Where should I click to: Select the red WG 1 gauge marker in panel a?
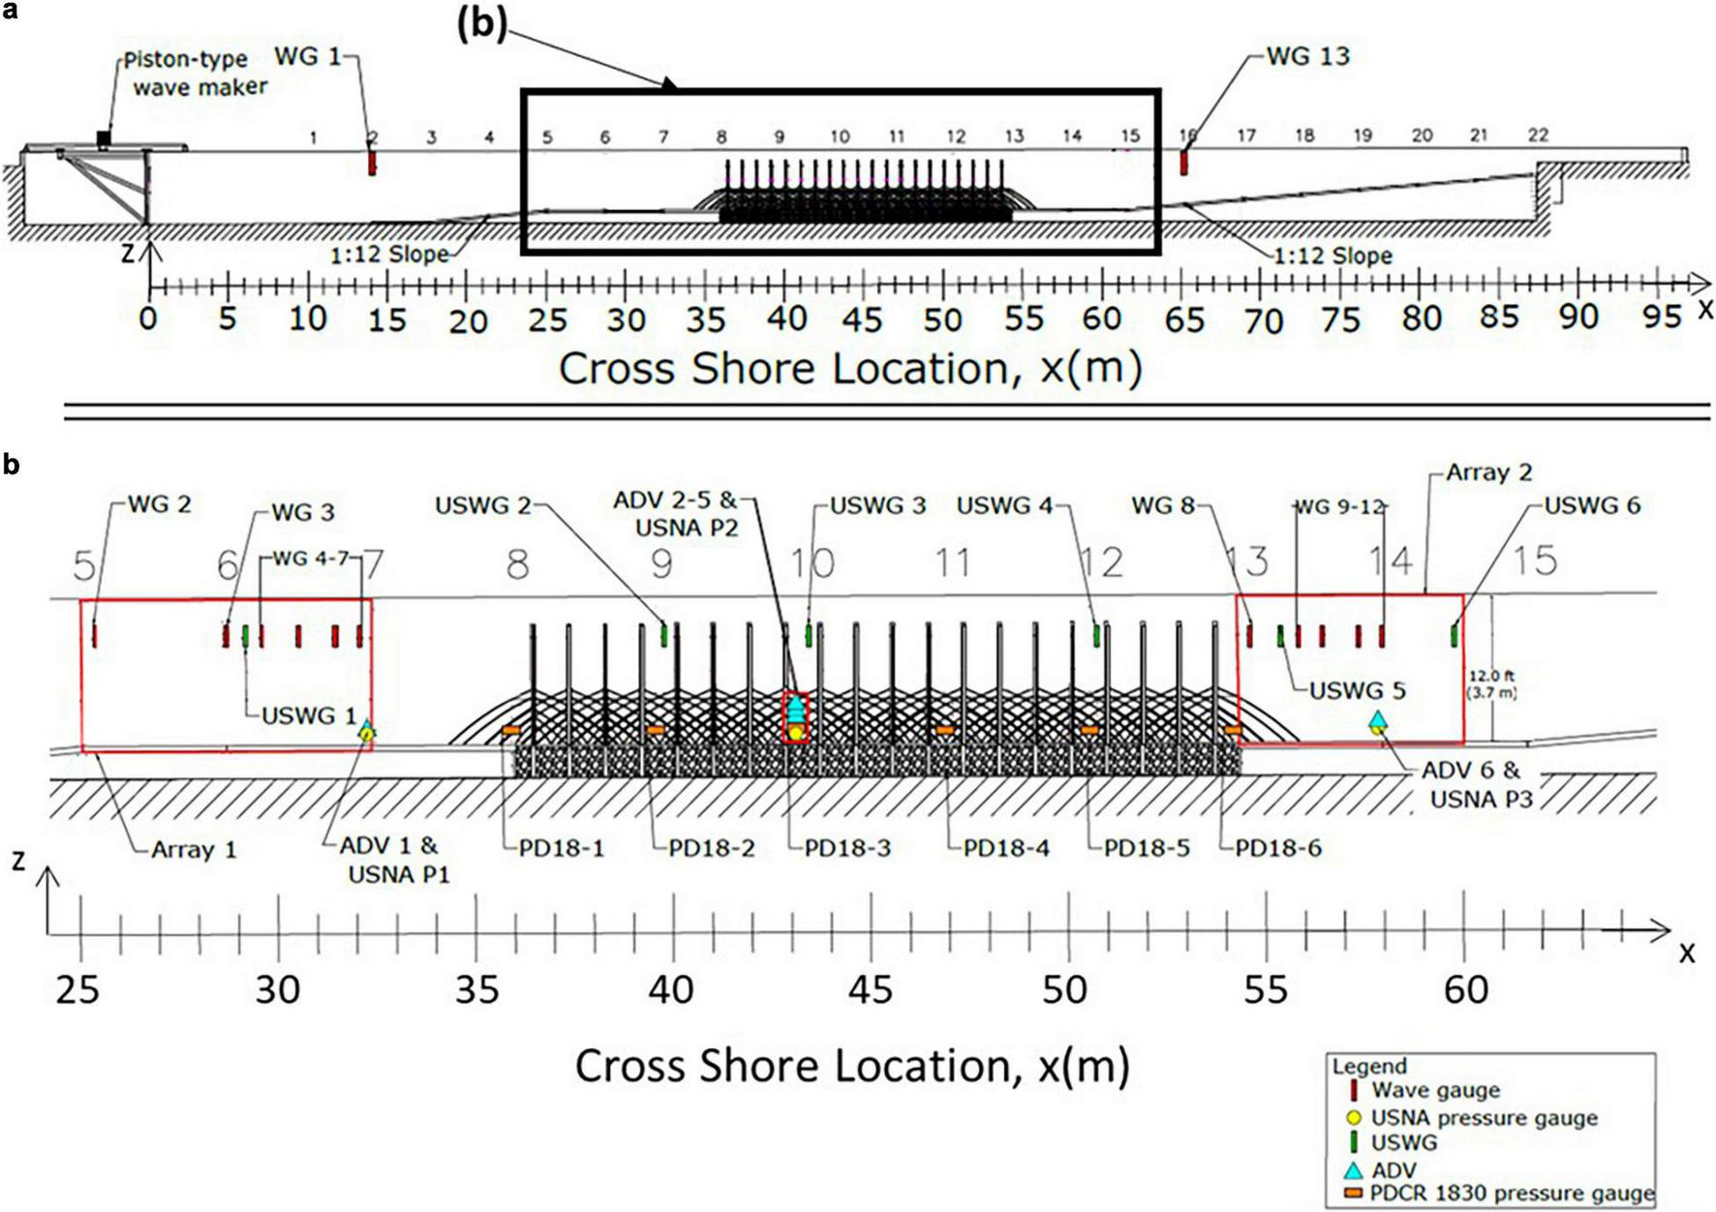[x=372, y=163]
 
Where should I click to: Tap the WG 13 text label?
[x=1307, y=56]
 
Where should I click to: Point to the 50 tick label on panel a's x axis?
[x=942, y=318]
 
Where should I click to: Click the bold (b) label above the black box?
[x=481, y=25]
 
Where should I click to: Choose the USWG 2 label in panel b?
[x=483, y=505]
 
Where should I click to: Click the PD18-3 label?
[x=847, y=848]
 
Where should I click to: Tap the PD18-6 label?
[x=1278, y=848]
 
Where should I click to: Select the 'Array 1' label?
[x=194, y=850]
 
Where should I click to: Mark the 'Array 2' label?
[x=1489, y=472]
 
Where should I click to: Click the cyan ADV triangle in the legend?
[x=1354, y=1169]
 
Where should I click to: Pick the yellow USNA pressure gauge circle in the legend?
[x=1354, y=1118]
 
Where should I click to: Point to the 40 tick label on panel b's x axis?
[x=671, y=989]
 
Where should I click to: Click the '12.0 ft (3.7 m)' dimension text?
[x=1491, y=684]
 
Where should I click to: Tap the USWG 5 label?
[x=1357, y=691]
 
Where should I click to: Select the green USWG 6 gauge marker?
[x=1454, y=635]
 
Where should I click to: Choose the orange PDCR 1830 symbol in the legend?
[x=1354, y=1193]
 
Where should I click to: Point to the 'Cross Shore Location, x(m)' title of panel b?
[x=852, y=1065]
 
